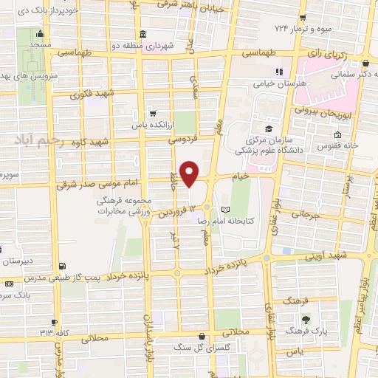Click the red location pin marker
point(190,174)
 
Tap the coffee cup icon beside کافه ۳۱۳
point(55,322)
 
